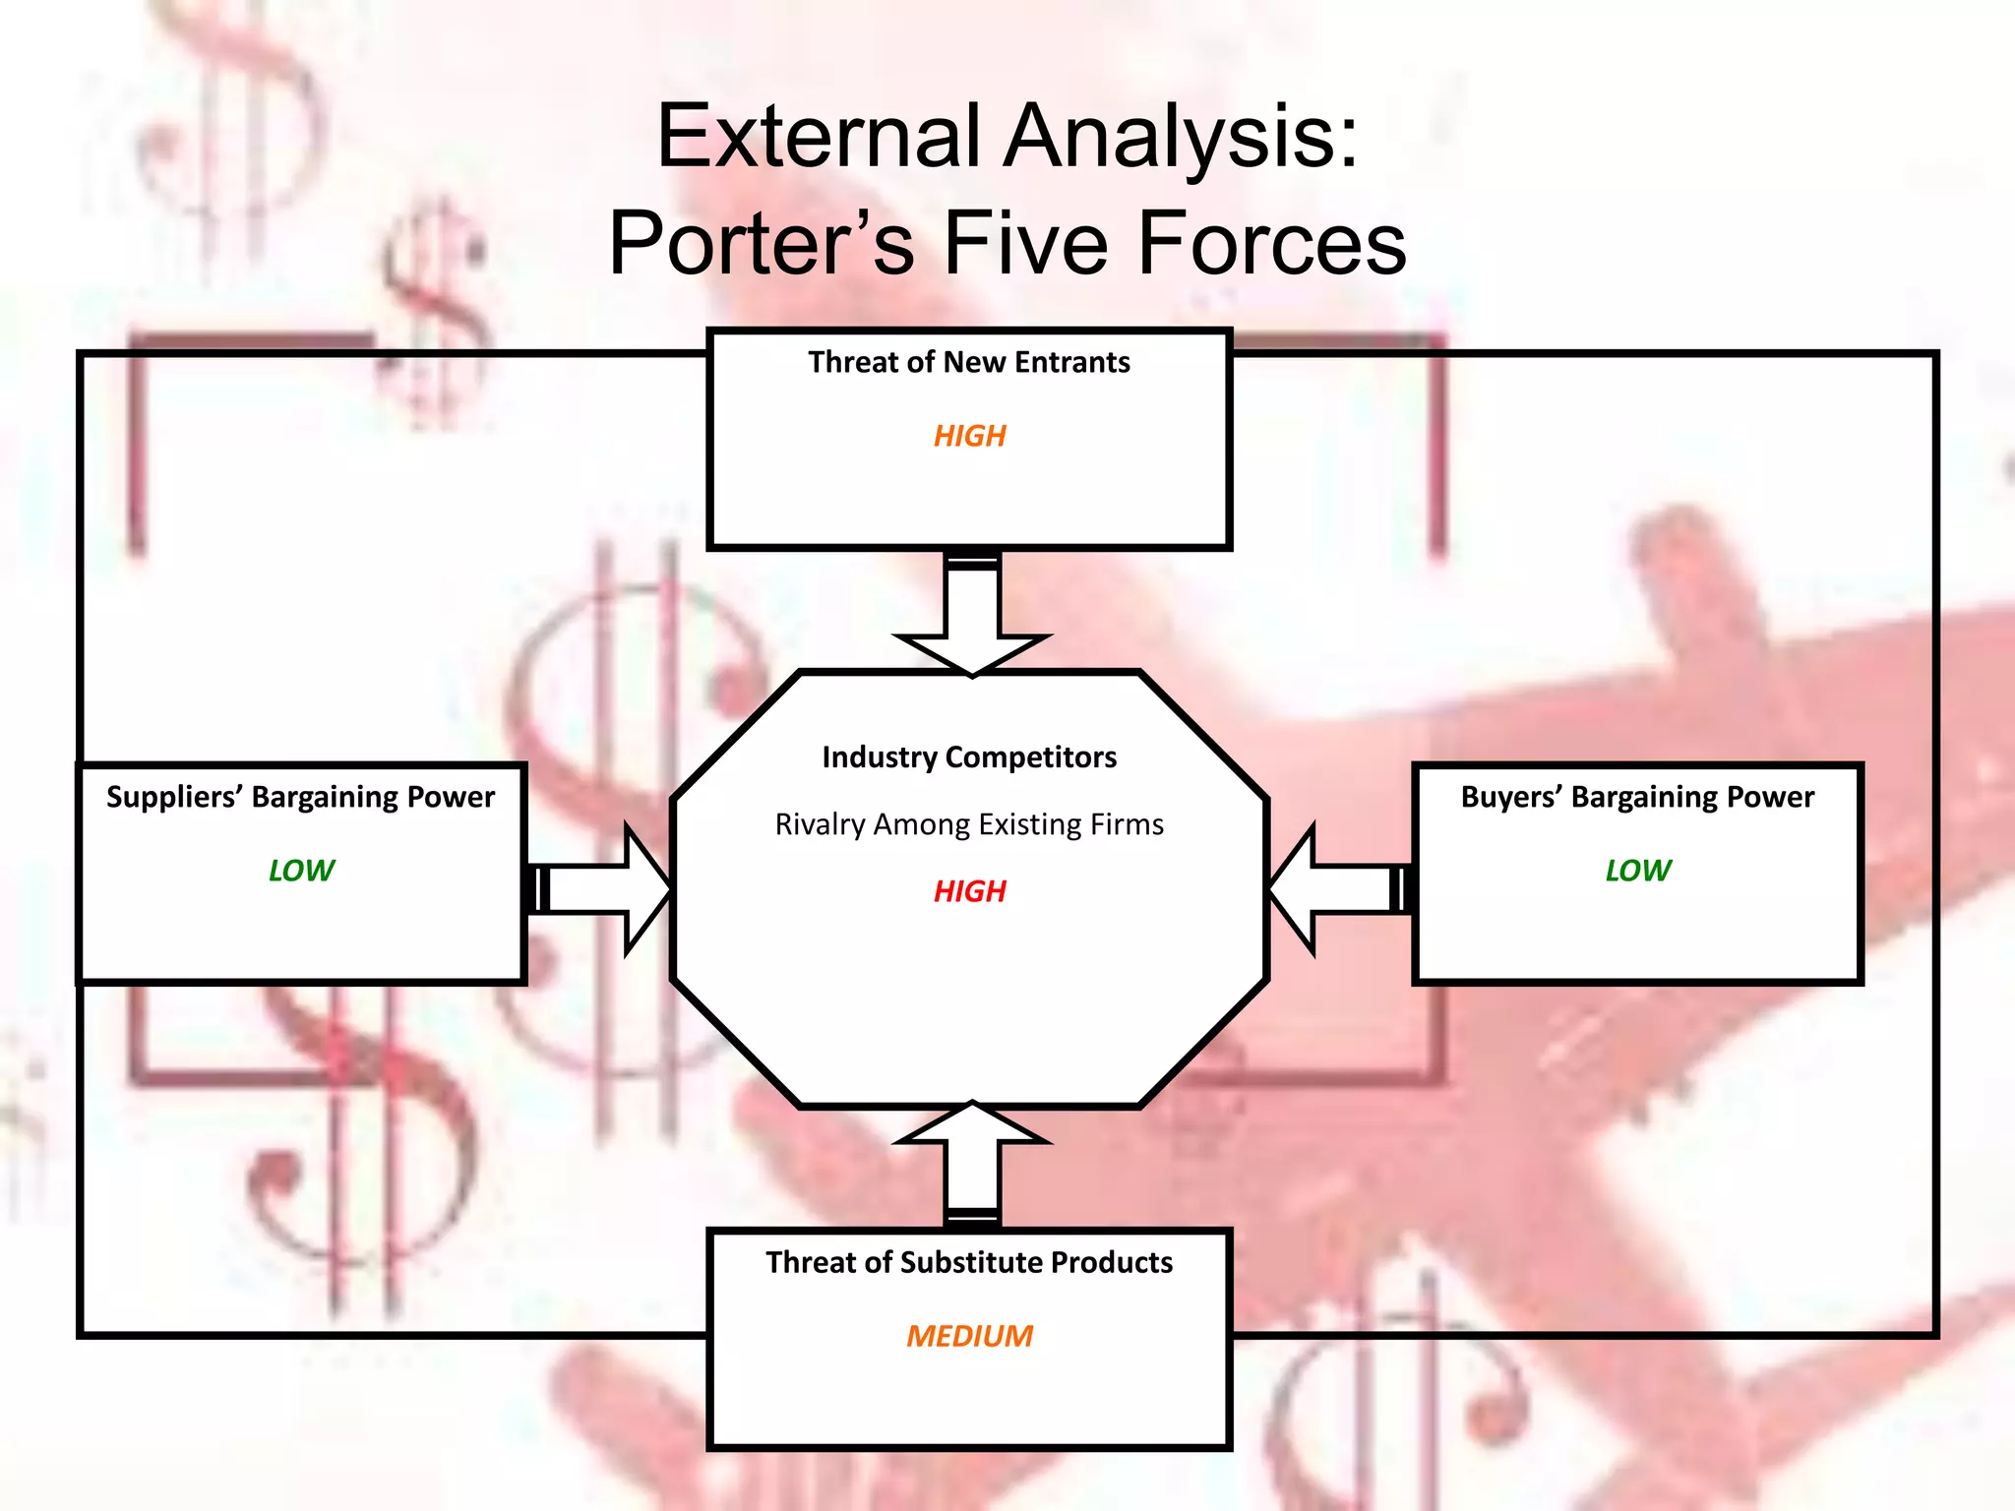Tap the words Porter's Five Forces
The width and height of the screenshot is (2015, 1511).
click(x=1007, y=243)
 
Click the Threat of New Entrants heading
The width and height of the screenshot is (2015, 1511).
click(x=968, y=362)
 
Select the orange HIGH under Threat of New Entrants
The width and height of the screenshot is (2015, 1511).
click(x=969, y=436)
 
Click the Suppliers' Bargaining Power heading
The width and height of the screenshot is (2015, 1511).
click(x=300, y=797)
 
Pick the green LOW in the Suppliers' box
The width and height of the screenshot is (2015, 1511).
click(x=301, y=871)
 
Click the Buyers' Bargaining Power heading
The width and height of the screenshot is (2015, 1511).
click(x=1636, y=797)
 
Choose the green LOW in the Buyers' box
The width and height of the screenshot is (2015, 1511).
click(x=1637, y=871)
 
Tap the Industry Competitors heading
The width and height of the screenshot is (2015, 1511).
click(x=969, y=757)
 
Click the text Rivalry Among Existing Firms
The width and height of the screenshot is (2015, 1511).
click(x=969, y=824)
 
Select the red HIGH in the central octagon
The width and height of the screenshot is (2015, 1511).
click(x=969, y=891)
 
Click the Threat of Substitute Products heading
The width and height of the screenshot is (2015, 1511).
click(x=969, y=1262)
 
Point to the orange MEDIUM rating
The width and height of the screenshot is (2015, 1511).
click(x=969, y=1336)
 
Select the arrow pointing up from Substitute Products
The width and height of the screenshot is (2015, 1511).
click(x=972, y=1161)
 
